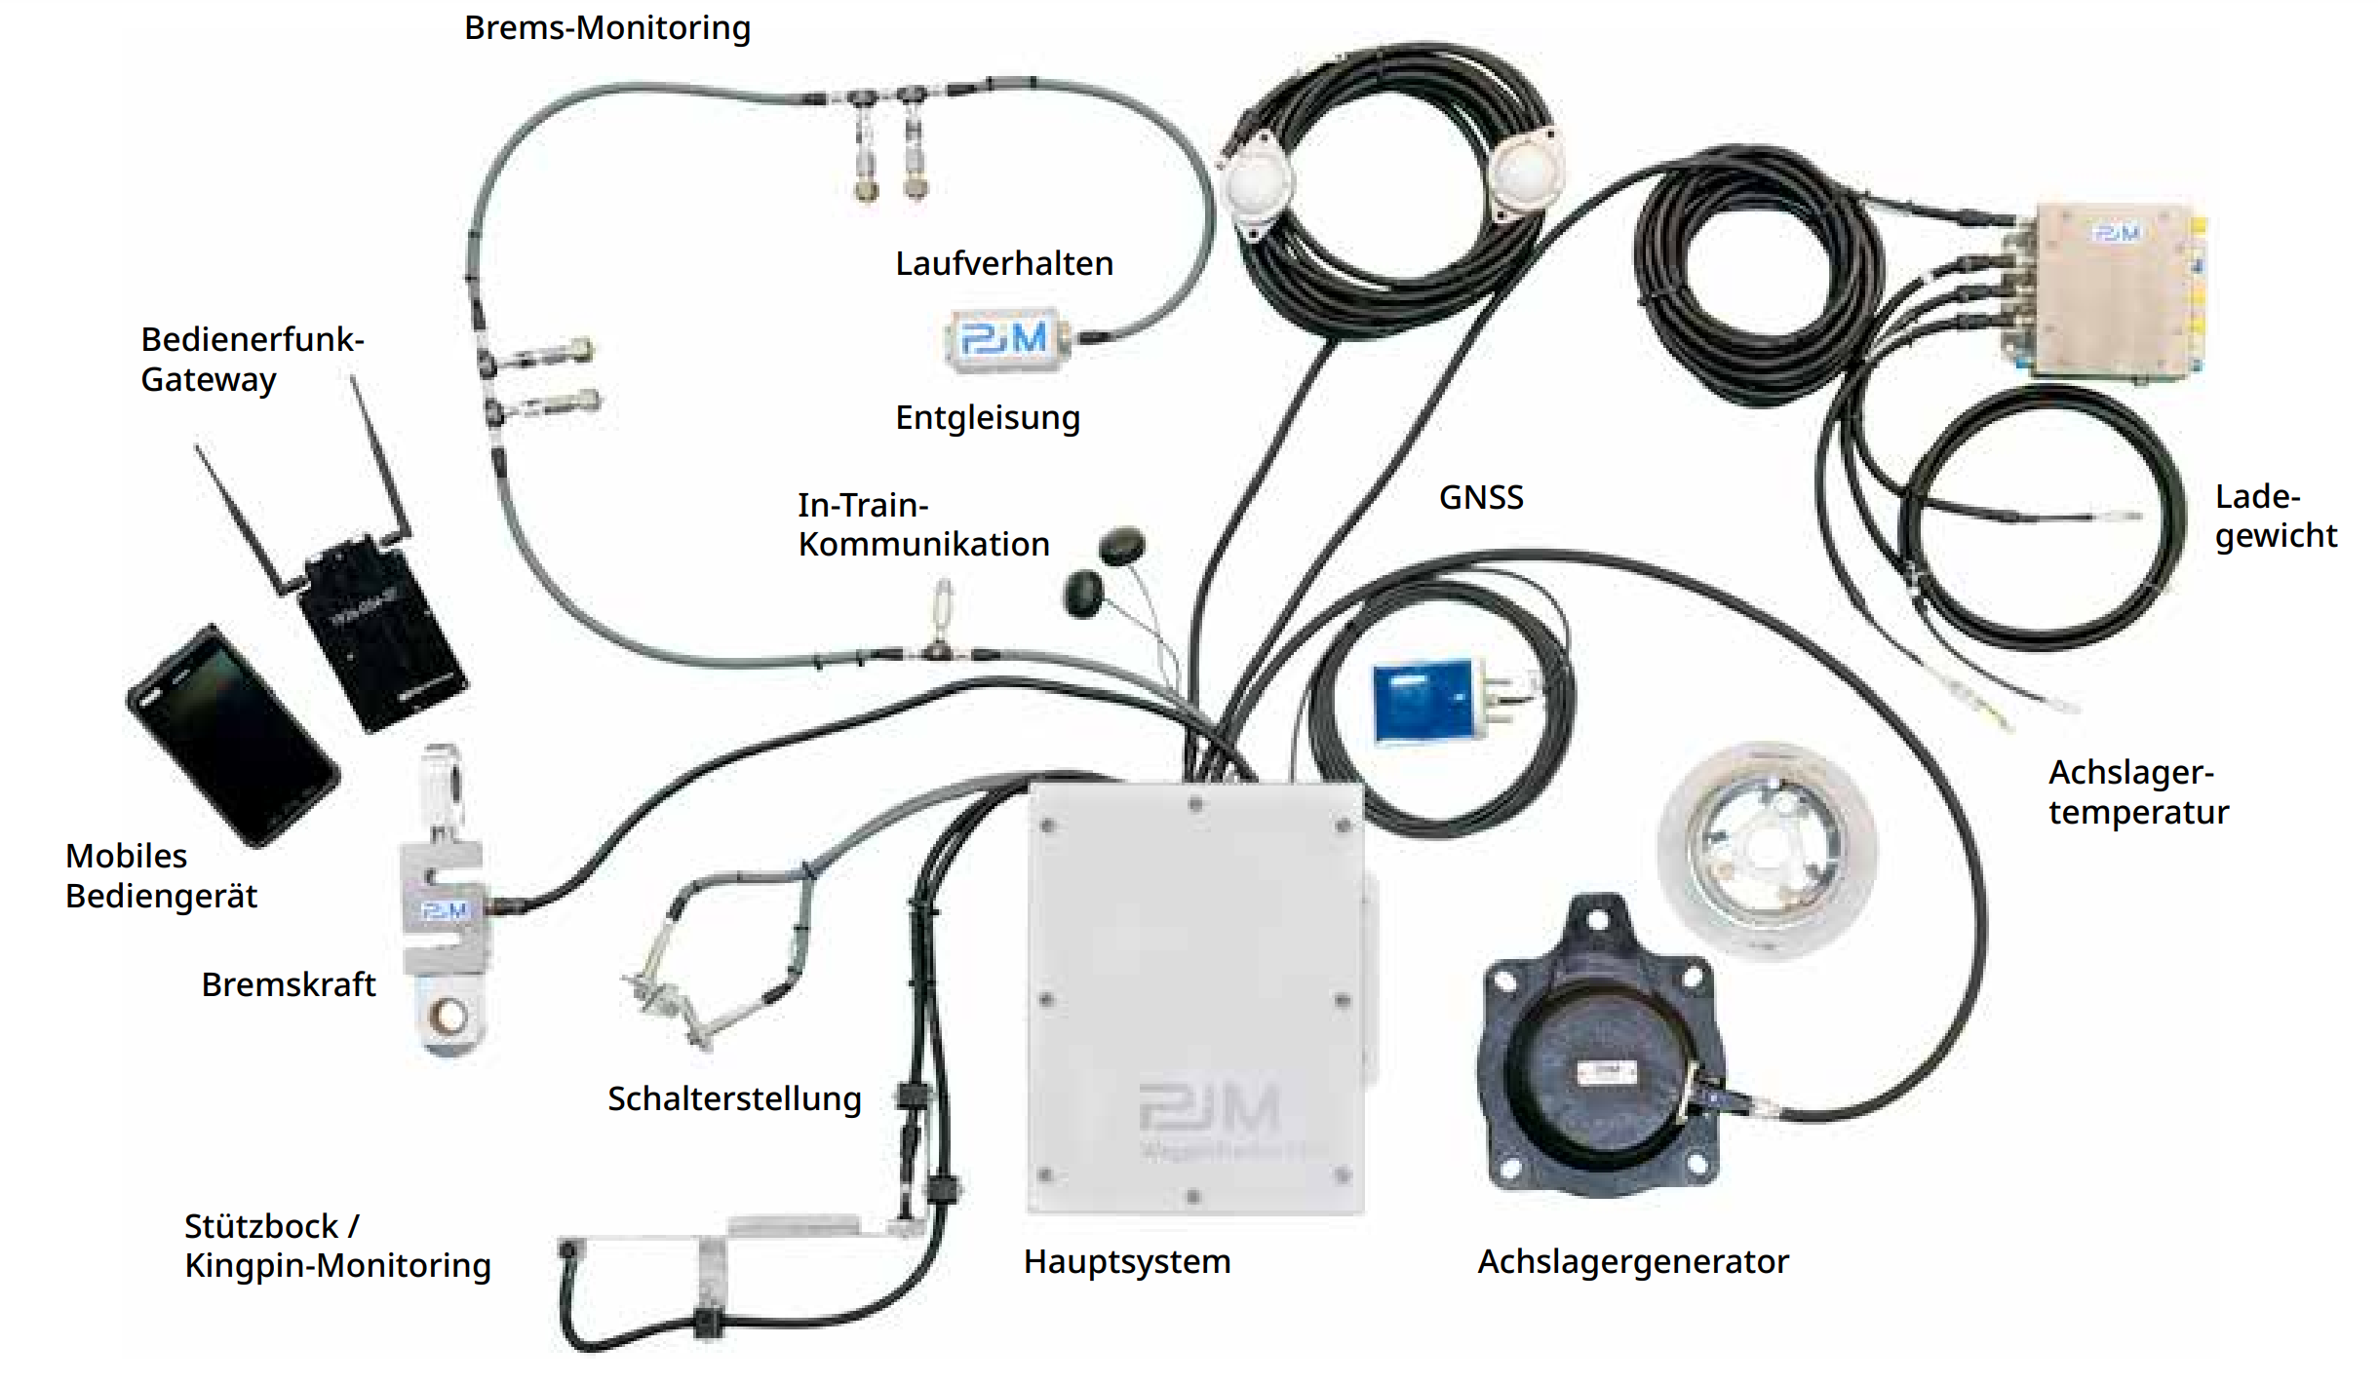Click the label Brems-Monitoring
606,28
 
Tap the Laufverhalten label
1003,264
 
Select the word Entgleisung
987,418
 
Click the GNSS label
1480,498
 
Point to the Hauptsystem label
1126,1262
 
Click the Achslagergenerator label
1632,1262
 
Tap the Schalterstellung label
733,1099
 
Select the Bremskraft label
288,985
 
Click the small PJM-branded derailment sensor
1004,340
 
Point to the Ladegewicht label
2275,517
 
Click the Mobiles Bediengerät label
161,876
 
